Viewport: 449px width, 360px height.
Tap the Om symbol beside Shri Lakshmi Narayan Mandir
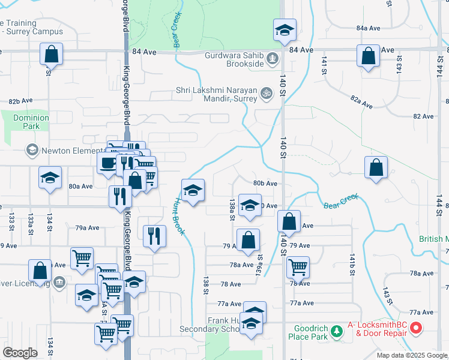266,92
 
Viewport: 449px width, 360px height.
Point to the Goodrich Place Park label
311,332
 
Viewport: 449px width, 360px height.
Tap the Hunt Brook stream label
179,216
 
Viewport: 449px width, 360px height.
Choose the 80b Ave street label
265,183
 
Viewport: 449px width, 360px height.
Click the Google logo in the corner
20,353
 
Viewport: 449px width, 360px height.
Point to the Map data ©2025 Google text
412,355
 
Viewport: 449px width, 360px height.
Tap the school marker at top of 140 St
285,30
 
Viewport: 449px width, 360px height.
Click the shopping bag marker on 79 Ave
248,241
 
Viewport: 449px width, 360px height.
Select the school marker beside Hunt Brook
193,190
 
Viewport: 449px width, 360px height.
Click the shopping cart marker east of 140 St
297,266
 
